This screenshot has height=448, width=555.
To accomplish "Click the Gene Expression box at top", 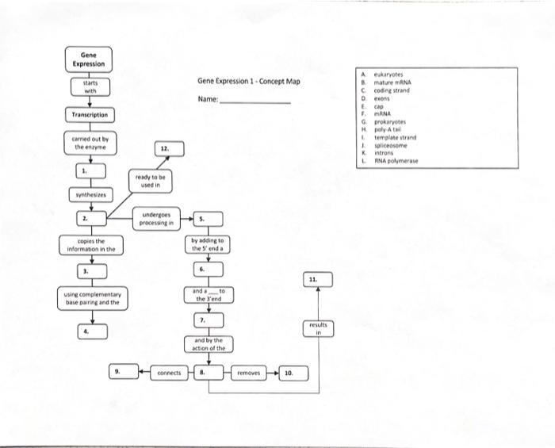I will click(x=88, y=59).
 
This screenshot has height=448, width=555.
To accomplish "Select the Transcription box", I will click(x=88, y=115).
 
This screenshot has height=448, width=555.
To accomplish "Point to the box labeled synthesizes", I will click(x=89, y=193).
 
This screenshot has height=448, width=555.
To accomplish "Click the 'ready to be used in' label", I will click(x=150, y=181).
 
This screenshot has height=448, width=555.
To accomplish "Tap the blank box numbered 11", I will click(x=317, y=280).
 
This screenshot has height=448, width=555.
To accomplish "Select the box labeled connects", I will click(x=168, y=372).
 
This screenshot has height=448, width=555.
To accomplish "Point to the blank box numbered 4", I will click(x=89, y=331).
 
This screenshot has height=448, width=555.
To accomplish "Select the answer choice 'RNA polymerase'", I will click(x=396, y=160).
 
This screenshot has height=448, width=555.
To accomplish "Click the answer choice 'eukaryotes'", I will click(x=389, y=71).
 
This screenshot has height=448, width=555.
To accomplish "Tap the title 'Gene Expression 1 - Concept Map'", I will click(x=248, y=82).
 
